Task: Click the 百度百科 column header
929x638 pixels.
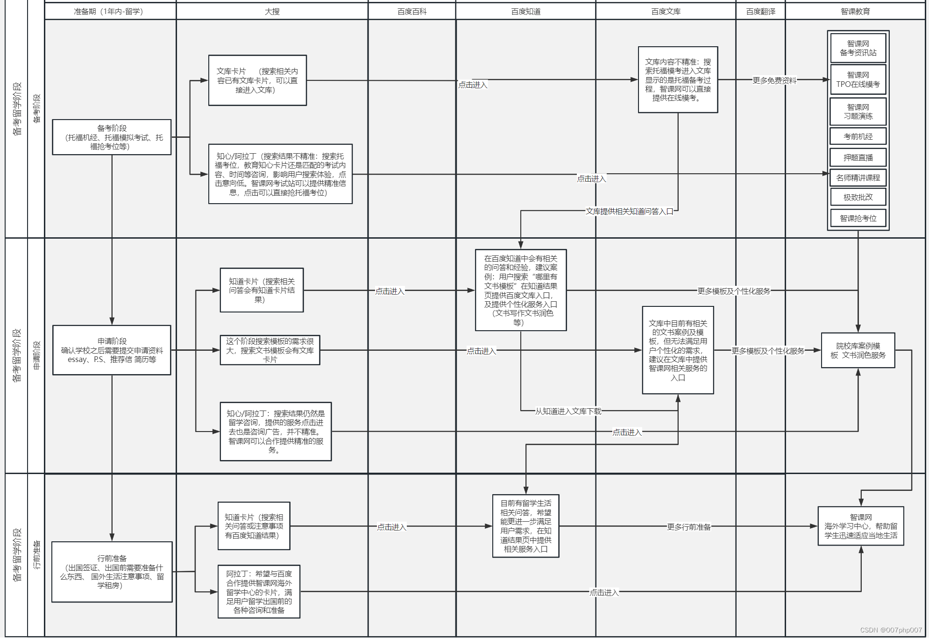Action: click(411, 11)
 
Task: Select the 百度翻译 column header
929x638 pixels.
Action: click(760, 11)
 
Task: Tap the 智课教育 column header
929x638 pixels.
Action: click(855, 11)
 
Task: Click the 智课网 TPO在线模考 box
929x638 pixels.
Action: click(858, 79)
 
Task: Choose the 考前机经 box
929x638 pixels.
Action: click(858, 136)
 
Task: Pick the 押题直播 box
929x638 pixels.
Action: click(858, 157)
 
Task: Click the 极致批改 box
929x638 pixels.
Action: click(858, 197)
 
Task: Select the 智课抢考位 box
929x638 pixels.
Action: click(858, 218)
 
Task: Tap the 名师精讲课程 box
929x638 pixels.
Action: click(858, 177)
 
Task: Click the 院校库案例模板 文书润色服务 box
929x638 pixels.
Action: click(858, 350)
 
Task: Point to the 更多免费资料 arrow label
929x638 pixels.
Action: click(774, 80)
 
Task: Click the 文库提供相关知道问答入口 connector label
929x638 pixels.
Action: click(629, 211)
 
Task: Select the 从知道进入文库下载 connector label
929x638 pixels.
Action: click(568, 411)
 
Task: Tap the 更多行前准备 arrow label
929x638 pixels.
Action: click(688, 527)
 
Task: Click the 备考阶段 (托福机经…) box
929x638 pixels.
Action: click(112, 137)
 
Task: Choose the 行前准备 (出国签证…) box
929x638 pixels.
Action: click(112, 572)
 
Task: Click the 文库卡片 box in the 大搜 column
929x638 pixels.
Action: click(257, 80)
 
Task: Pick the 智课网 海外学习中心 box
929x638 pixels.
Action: click(860, 526)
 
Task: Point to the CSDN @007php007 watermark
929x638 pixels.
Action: click(891, 630)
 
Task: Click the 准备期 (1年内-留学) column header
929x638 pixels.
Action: click(108, 11)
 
